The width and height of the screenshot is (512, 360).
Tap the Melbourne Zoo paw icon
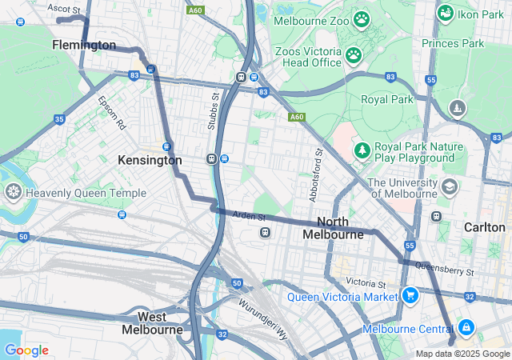(362, 18)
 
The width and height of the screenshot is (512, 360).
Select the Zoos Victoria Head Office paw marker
(353, 55)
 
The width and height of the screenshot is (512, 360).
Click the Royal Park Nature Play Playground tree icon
(362, 150)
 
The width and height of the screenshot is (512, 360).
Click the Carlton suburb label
(485, 227)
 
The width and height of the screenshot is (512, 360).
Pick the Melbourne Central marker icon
(465, 327)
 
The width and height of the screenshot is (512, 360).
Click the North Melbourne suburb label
(334, 228)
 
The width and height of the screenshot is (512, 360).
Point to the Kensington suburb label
(150, 160)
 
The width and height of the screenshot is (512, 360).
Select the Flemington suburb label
(84, 46)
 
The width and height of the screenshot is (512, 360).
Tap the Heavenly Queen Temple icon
(14, 192)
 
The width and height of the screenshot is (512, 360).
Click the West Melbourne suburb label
(152, 323)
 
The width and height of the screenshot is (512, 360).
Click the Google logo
(26, 350)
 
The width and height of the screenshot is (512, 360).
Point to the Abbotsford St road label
(315, 174)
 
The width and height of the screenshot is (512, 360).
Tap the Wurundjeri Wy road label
(262, 318)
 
